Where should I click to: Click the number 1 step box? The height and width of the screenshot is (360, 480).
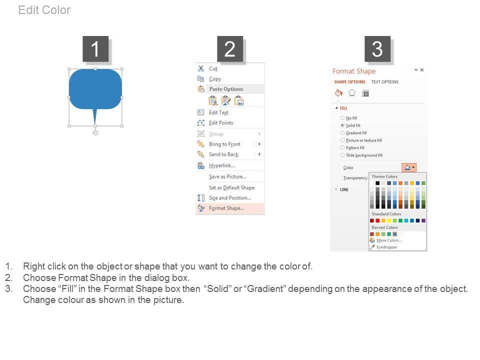point(95,49)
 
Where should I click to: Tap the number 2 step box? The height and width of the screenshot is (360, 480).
point(230,49)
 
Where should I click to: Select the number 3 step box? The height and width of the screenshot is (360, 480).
point(377,49)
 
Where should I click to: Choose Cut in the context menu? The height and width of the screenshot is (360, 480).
point(213,68)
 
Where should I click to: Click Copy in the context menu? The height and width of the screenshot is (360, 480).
point(215,79)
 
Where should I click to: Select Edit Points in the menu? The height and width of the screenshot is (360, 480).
point(221,123)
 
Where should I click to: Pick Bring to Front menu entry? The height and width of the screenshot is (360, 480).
point(224,144)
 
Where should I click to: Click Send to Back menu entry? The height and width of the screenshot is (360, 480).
point(224,154)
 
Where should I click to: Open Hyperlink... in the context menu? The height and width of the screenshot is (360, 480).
point(222,165)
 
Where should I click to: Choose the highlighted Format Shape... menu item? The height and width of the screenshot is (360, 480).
point(226,208)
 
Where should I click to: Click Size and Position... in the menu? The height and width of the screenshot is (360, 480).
point(230,198)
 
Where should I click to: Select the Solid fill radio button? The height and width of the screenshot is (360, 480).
point(342,125)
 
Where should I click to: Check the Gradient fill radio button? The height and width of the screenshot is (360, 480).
point(342,133)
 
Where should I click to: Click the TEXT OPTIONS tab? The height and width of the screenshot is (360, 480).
point(385,82)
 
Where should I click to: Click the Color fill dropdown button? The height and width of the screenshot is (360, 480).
point(409,167)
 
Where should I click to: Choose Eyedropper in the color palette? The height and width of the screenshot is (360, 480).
point(386,247)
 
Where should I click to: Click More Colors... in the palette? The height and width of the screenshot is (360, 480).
point(389,240)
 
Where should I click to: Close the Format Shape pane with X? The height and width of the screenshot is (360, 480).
point(422,70)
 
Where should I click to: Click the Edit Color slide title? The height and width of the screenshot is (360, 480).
point(44,10)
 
